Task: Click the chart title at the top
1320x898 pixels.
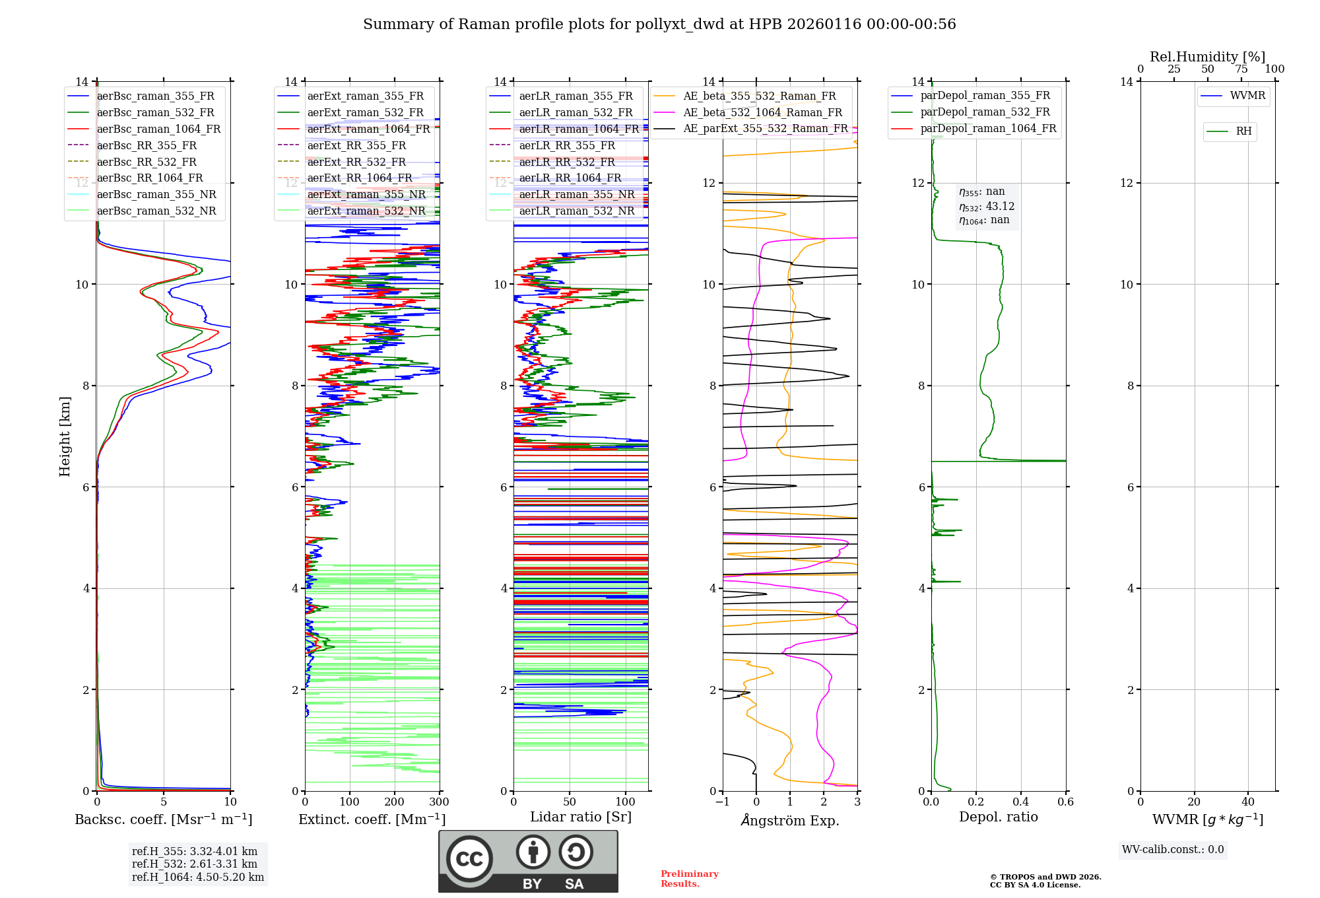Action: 659,24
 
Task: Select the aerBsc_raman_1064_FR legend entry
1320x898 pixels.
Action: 158,129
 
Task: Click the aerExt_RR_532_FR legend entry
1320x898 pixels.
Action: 356,162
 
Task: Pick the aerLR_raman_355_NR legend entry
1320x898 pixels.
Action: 576,194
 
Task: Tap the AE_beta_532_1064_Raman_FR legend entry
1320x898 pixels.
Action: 762,112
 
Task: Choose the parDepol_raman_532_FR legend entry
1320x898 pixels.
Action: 985,112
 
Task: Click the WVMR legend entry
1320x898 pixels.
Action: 1247,96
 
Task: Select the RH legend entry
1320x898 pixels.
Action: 1243,131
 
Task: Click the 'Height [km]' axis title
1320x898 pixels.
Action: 65,436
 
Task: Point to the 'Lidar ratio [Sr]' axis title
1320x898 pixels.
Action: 580,817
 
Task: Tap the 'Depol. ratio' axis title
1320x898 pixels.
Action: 998,817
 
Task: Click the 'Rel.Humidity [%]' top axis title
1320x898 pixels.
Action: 1207,57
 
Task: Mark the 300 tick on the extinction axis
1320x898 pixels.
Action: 439,802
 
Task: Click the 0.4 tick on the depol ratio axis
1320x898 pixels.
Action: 1020,802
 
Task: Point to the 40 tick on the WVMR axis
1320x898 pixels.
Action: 1247,802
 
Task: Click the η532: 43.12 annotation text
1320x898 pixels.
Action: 987,207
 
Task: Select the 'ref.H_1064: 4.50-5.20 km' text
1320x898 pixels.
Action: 198,877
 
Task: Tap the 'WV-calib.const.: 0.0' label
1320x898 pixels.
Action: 1173,850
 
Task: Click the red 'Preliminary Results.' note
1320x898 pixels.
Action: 689,879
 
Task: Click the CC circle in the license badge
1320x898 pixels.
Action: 469,859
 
